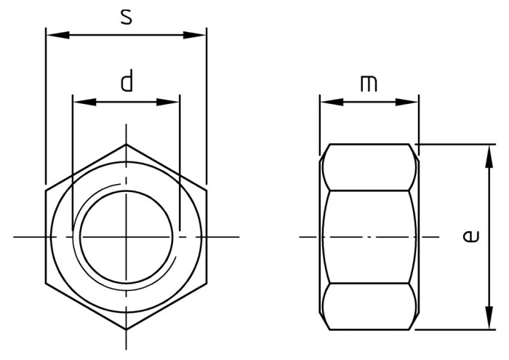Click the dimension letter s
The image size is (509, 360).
(x=127, y=17)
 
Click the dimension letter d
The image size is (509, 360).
(x=127, y=81)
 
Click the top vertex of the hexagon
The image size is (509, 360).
(x=126, y=144)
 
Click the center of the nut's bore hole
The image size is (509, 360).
(x=126, y=237)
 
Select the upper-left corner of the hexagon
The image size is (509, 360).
(x=46, y=191)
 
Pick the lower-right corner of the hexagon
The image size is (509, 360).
(x=207, y=283)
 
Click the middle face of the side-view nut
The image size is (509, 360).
(x=369, y=237)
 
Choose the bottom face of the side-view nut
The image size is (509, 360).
(x=369, y=306)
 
